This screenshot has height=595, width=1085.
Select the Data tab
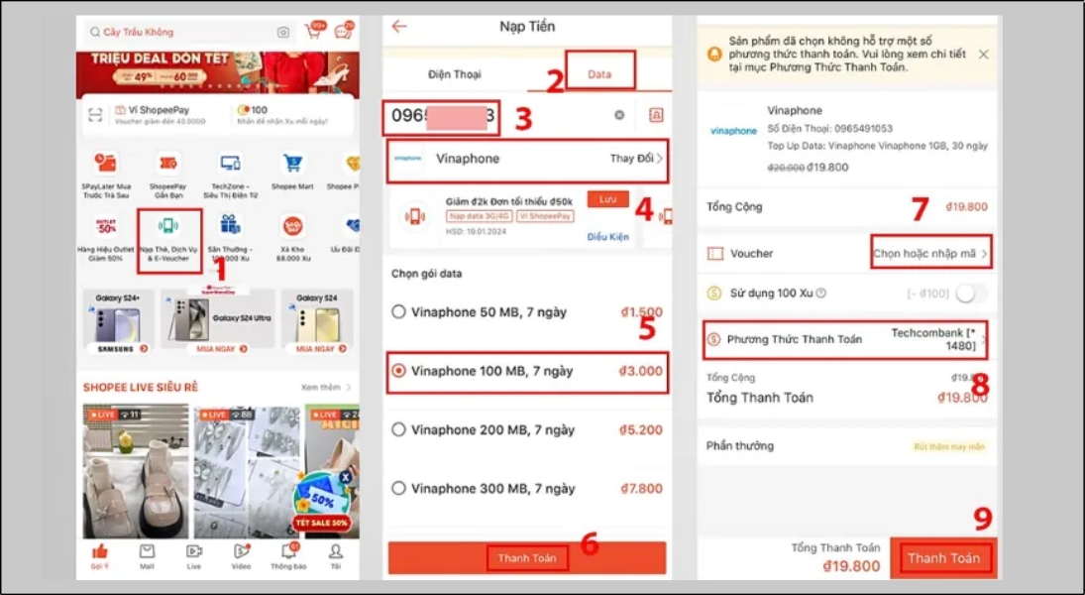[599, 74]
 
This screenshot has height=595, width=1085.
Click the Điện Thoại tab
[454, 74]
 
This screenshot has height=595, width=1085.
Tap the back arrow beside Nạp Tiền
[399, 27]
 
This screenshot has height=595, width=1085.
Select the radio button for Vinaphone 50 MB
[398, 312]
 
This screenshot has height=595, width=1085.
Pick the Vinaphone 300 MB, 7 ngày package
[491, 489]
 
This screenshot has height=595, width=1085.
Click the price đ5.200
[641, 430]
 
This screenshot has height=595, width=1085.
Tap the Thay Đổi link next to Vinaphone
[635, 159]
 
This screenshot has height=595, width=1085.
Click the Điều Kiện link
[608, 237]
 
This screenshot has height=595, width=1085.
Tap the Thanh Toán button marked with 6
[527, 558]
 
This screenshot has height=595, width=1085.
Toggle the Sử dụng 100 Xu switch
[970, 293]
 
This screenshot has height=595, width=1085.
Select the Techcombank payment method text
[933, 339]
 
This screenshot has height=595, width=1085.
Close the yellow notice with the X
[983, 55]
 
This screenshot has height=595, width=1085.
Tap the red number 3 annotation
[523, 119]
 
